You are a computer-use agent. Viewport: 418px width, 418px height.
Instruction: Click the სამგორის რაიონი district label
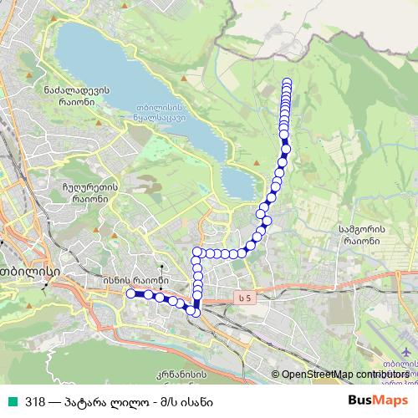point(360,233)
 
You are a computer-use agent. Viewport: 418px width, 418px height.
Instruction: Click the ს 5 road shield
point(243,298)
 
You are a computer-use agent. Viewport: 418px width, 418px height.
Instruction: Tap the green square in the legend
point(11,400)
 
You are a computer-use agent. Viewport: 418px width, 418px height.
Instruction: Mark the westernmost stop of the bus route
point(130,293)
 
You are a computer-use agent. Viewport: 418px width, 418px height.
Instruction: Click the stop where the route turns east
point(197,252)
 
